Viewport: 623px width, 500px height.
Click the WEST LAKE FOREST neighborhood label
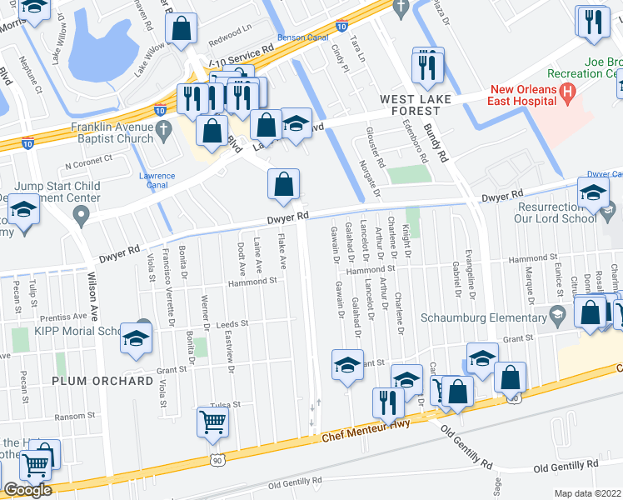click(x=410, y=105)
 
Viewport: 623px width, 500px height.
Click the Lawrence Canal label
click(x=157, y=181)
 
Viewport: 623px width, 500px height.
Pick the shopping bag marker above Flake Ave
click(x=284, y=183)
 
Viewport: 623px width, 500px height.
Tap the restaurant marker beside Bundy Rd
click(x=428, y=66)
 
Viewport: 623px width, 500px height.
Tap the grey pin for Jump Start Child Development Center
click(x=81, y=216)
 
